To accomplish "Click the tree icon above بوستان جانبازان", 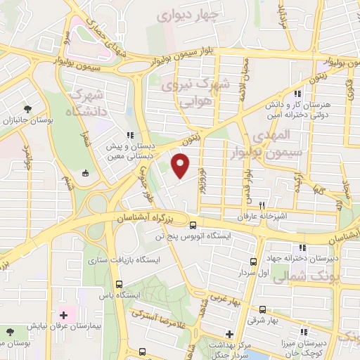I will (27, 109).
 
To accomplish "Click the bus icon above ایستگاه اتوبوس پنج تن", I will (193, 224).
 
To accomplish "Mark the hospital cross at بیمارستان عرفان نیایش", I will (63, 314).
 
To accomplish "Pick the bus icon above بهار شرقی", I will (262, 309).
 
